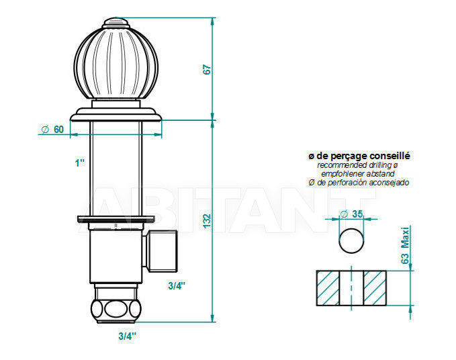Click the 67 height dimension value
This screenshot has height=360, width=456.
coord(207,69)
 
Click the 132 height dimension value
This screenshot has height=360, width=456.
coord(207,221)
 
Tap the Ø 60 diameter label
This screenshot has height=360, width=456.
coord(52,129)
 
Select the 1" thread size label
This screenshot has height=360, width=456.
coord(80,163)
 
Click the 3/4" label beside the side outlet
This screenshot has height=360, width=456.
coord(177,286)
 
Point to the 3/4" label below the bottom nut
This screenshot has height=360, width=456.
coord(127,336)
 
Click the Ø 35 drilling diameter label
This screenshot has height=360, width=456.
coord(351,214)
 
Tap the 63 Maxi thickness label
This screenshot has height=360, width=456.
coord(405,245)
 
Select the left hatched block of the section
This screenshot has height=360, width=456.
coord(328,288)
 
